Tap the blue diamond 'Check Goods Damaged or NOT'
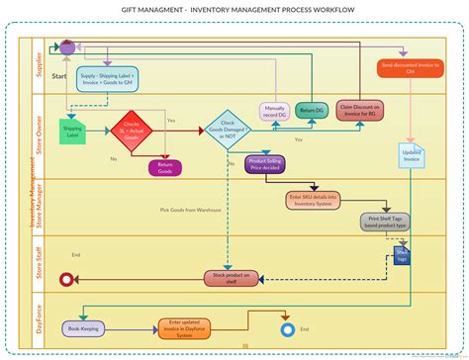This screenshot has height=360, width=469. [227, 131]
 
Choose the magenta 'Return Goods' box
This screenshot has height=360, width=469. [165, 168]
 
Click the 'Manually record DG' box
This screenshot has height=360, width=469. [276, 112]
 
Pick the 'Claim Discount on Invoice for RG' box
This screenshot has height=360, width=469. [357, 112]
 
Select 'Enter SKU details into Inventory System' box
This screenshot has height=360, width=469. [313, 201]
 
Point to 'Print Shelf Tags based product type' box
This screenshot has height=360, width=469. [386, 222]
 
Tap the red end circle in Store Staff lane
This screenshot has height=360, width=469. [68, 280]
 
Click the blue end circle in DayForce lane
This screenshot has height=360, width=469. [288, 329]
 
